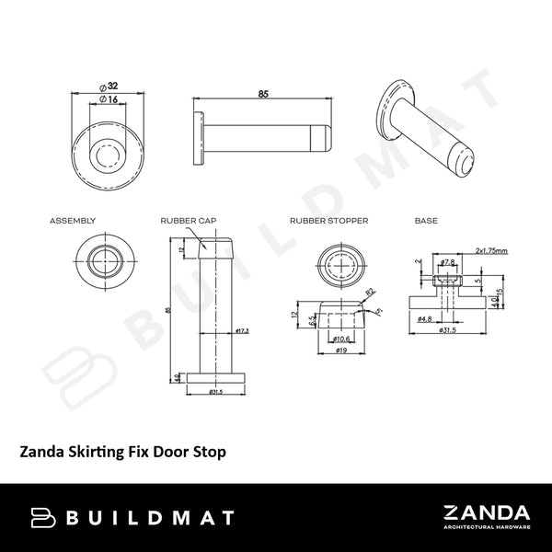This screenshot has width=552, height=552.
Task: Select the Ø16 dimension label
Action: click(x=109, y=98)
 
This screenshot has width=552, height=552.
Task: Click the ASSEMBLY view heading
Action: click(x=73, y=222)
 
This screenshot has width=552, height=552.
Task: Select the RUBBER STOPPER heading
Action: click(x=328, y=222)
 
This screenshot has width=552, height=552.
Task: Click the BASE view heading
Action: click(x=426, y=222)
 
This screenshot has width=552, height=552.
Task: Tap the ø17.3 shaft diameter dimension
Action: click(x=244, y=329)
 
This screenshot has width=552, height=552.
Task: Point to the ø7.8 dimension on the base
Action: click(x=449, y=261)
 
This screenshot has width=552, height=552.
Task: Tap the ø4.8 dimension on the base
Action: click(x=424, y=319)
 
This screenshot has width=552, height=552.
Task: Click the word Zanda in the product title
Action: click(x=42, y=452)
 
